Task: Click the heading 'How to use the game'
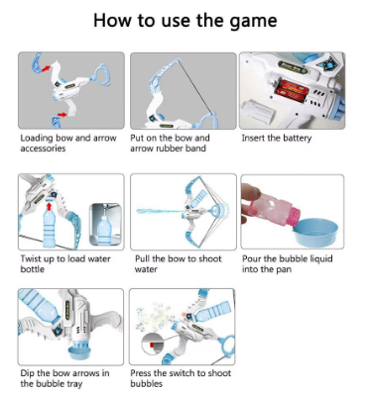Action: pyautogui.click(x=184, y=21)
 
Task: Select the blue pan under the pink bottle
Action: pyautogui.click(x=315, y=233)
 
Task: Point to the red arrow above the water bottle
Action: pyautogui.click(x=50, y=207)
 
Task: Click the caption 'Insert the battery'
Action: pyautogui.click(x=277, y=138)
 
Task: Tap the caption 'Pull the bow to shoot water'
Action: pyautogui.click(x=178, y=263)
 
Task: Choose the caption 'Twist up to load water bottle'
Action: pyautogui.click(x=65, y=263)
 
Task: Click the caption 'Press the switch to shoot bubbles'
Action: pyautogui.click(x=181, y=378)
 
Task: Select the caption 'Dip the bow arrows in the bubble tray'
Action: pyautogui.click(x=64, y=378)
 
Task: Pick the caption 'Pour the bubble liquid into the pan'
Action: pyautogui.click(x=287, y=263)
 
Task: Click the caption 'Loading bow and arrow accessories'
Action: pyautogui.click(x=68, y=143)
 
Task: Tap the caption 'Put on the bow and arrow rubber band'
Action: pyautogui.click(x=170, y=143)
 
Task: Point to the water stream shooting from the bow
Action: pyautogui.click(x=160, y=211)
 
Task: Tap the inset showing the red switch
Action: pyautogui.click(x=153, y=345)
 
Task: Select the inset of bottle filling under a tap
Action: pyautogui.click(x=105, y=225)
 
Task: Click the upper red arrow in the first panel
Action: pyautogui.click(x=46, y=68)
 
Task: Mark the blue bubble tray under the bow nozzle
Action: pyautogui.click(x=79, y=352)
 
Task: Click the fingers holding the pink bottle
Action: pyautogui.click(x=250, y=200)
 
